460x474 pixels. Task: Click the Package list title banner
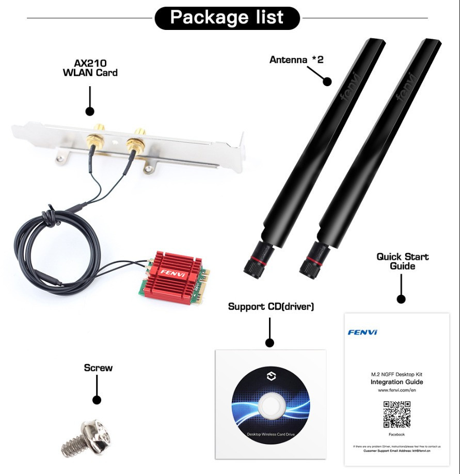click(227, 18)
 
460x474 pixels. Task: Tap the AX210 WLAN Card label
click(90, 68)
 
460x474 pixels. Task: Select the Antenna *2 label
click(296, 59)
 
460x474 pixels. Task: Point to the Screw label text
click(98, 368)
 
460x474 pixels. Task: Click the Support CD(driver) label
click(271, 307)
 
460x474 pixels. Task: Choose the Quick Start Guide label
click(403, 261)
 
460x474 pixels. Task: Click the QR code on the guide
click(396, 414)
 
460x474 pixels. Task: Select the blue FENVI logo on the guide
click(362, 332)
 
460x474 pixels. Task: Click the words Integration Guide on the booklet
click(396, 382)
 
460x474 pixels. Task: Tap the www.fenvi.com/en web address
click(396, 391)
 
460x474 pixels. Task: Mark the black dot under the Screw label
click(97, 400)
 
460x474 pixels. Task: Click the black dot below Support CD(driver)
click(269, 342)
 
